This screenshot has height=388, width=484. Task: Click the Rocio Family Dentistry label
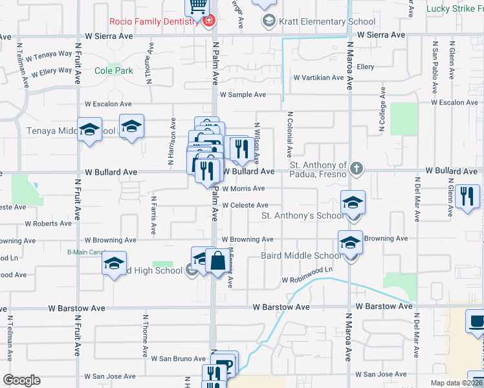tap(153, 21)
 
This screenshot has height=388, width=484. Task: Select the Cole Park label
tap(114, 70)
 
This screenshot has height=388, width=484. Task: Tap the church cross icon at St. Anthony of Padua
tap(355, 169)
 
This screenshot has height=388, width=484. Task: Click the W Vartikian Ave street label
tap(318, 78)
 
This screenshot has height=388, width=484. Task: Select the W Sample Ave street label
tap(243, 94)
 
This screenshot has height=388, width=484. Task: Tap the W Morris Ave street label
tap(243, 189)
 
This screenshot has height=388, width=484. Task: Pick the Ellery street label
tap(366, 67)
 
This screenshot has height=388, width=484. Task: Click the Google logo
tap(22, 380)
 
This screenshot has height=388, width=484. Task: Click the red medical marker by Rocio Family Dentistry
tap(208, 21)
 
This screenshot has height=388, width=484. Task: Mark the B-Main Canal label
tap(86, 252)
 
